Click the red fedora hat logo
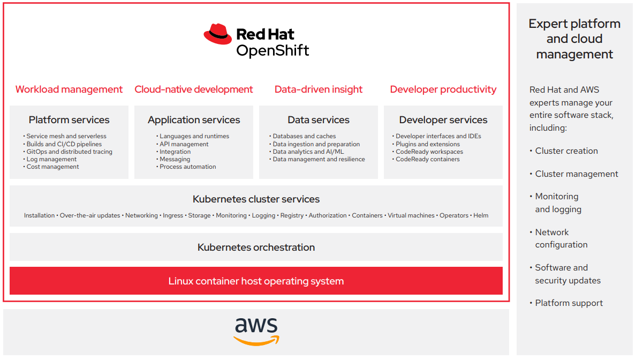click(x=217, y=34)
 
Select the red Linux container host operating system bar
click(x=256, y=281)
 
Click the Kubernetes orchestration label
click(x=256, y=247)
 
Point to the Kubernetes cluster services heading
click(x=256, y=199)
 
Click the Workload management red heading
click(x=69, y=89)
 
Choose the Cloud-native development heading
click(x=194, y=89)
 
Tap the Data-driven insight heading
click(x=319, y=89)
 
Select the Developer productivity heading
click(x=443, y=89)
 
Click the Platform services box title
click(x=69, y=120)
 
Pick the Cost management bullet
click(x=52, y=167)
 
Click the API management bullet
click(x=184, y=144)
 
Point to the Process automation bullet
click(x=187, y=167)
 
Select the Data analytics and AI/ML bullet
click(x=308, y=152)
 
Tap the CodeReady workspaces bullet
click(x=429, y=152)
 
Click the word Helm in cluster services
click(x=481, y=215)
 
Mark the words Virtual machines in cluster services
click(x=411, y=215)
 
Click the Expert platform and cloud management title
click(x=574, y=39)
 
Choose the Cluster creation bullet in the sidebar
click(x=566, y=151)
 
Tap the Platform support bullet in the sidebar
click(x=569, y=303)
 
